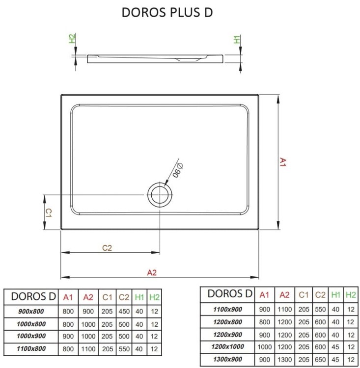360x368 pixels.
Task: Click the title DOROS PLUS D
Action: point(167,13)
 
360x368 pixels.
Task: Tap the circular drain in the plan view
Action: point(160,195)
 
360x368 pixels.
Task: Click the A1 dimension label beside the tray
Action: point(283,162)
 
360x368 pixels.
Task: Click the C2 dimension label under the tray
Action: point(107,248)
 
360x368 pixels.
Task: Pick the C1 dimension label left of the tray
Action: point(49,212)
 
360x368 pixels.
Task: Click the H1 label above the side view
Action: point(237,39)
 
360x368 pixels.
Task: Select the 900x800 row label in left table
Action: point(30,312)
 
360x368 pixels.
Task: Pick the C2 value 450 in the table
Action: point(124,312)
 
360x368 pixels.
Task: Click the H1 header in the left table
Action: point(139,297)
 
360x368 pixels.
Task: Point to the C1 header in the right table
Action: point(304,294)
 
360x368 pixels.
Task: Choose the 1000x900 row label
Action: point(30,337)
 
